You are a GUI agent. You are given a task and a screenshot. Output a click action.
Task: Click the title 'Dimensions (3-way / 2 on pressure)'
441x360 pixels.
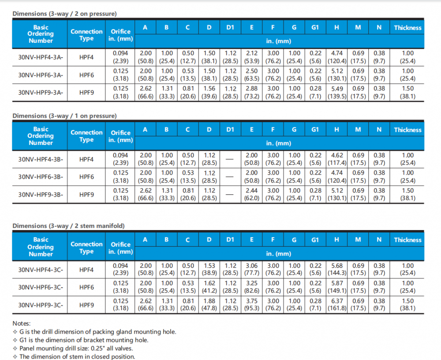[64, 14]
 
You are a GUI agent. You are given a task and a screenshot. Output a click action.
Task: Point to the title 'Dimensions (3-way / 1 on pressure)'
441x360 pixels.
[64, 116]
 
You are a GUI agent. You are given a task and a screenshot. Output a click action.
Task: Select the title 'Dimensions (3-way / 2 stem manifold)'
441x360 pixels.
[68, 226]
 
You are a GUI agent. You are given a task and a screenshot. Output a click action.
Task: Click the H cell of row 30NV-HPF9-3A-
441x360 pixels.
[336, 93]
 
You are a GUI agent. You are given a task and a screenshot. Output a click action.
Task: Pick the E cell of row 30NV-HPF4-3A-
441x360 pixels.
[252, 57]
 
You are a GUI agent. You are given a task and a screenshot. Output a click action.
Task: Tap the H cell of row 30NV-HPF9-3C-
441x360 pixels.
[336, 304]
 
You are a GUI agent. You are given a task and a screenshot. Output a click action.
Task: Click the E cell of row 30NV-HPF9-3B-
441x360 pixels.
[252, 194]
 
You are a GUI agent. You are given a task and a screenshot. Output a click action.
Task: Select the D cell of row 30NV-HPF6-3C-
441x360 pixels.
[209, 287]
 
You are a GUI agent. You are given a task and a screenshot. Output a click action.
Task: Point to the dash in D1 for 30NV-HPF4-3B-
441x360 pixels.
[230, 160]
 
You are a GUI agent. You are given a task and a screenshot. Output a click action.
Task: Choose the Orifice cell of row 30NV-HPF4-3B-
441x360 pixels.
[120, 159]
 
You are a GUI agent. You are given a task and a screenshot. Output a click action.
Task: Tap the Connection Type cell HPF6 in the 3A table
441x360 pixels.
[86, 75]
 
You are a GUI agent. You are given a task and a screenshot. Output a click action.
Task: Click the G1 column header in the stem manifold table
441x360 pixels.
[315, 240]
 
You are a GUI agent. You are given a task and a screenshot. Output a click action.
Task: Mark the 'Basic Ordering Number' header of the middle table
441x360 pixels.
[41, 136]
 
